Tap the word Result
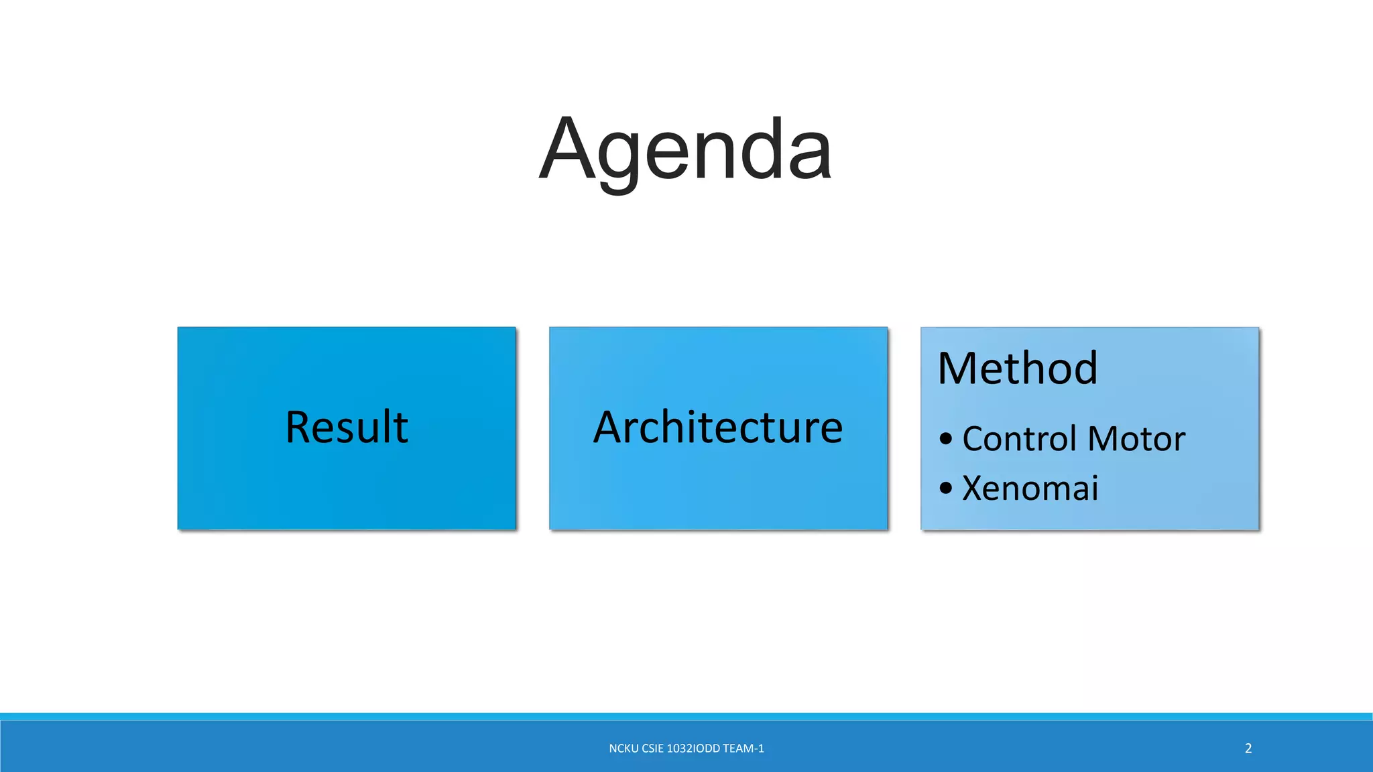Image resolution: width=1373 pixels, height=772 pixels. [347, 428]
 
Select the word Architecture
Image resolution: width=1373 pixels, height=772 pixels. [718, 428]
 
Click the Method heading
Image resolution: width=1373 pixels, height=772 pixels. [1017, 369]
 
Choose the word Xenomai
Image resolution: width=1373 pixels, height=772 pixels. [1030, 489]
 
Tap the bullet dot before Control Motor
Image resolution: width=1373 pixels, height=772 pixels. [946, 440]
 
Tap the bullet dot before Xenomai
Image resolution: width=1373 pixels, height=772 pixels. [946, 488]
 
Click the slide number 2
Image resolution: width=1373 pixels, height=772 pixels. [1248, 749]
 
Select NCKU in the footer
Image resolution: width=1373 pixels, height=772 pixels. [623, 749]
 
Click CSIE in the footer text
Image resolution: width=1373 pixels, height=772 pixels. [652, 749]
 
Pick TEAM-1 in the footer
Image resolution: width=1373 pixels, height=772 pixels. [743, 749]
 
